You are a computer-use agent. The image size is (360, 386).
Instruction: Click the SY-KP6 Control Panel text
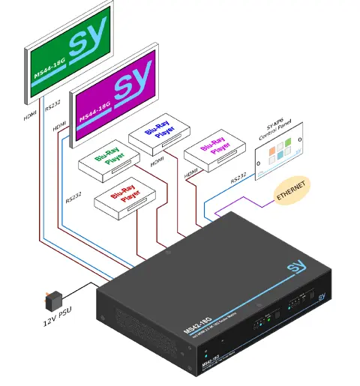point(268,121)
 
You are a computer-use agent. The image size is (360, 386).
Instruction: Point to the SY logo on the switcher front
point(321,297)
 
